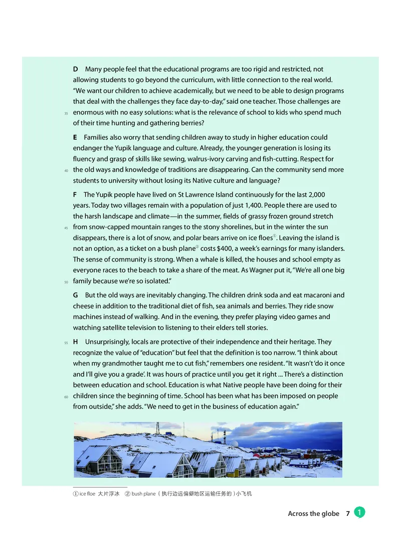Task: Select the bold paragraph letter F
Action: click(x=75, y=195)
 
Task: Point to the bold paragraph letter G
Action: click(x=76, y=296)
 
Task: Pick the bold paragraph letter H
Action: click(x=76, y=342)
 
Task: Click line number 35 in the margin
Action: click(x=66, y=113)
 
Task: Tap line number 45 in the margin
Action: click(x=66, y=227)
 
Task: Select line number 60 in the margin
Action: click(x=66, y=397)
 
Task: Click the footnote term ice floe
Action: click(x=88, y=494)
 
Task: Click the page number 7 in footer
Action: click(x=347, y=513)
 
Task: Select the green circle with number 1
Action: click(x=359, y=512)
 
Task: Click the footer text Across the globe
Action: click(x=313, y=513)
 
